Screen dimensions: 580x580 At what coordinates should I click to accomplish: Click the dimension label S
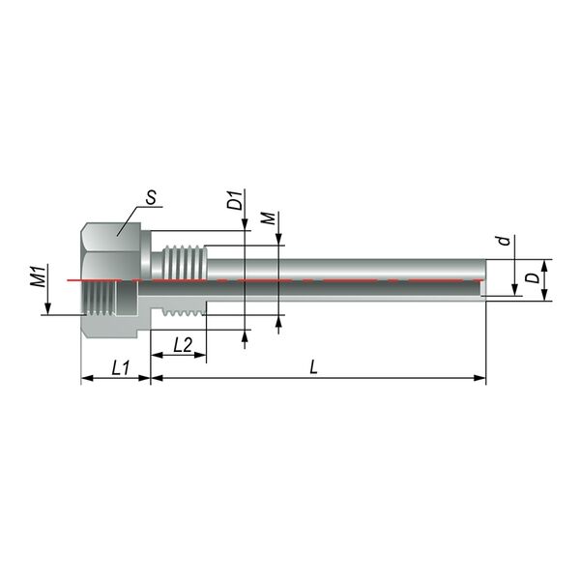tap(151, 197)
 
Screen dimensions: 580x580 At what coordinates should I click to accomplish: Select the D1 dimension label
tap(236, 200)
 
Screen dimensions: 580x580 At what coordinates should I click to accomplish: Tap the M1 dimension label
tap(39, 275)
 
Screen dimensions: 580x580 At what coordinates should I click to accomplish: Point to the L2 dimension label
tap(183, 345)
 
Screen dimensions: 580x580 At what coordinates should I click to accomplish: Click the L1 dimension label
tap(121, 368)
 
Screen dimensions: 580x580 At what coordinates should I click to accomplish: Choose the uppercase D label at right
tap(533, 278)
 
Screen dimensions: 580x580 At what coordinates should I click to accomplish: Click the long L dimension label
tap(313, 367)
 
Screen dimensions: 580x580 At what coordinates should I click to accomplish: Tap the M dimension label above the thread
tap(269, 218)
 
